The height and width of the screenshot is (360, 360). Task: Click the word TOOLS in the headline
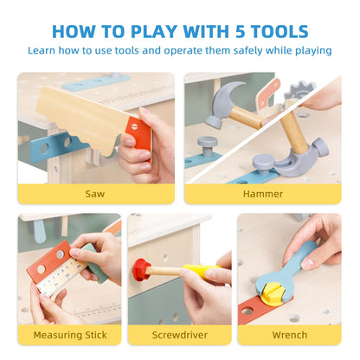coord(280,31)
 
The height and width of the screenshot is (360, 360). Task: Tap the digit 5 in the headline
coord(240,31)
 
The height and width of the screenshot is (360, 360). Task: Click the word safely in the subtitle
coord(247,51)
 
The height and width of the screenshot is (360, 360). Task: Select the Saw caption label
coord(95,194)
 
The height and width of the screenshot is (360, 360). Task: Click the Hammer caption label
coord(263,194)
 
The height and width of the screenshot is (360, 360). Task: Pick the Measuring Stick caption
coord(70,335)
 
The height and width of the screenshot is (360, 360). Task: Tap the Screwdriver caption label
coord(180,335)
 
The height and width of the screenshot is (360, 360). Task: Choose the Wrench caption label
coord(290,335)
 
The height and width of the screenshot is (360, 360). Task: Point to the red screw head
coord(141,270)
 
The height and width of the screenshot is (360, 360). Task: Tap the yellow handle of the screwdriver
coord(200,272)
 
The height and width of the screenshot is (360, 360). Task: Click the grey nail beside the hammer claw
coord(264,164)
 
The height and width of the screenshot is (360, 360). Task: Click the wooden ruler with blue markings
coord(62,277)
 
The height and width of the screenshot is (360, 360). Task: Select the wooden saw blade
coord(83,120)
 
